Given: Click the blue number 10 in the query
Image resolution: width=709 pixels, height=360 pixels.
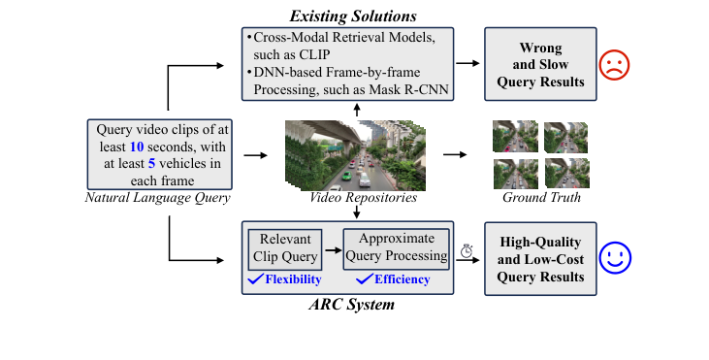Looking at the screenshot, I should (x=138, y=146).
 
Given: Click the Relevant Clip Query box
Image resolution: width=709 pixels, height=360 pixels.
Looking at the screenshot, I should (x=285, y=248).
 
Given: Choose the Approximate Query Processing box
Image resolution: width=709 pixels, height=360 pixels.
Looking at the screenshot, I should (x=397, y=248).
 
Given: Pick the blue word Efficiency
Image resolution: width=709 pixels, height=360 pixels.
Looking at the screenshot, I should (x=402, y=279).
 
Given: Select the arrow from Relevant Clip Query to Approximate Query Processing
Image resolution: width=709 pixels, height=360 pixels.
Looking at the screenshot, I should (x=332, y=249).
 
